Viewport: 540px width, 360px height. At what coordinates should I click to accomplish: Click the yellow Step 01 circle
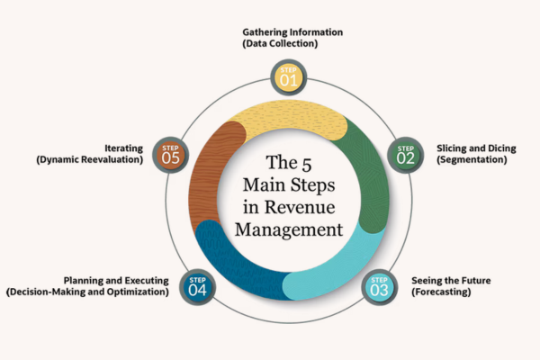point(288,76)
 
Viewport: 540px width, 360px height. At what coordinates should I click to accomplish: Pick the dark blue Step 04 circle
point(197,286)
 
